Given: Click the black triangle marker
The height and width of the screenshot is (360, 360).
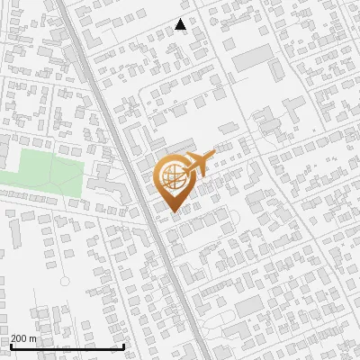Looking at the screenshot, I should [181, 25].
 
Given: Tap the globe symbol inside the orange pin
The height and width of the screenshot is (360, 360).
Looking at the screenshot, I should [172, 177].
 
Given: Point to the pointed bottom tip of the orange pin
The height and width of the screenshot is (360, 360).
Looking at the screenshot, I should [173, 213].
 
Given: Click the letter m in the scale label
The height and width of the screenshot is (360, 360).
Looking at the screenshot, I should [34, 339].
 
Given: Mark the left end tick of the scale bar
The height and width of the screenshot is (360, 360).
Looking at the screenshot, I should [10, 346].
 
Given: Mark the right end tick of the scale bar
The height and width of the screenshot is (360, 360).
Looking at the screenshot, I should [123, 346].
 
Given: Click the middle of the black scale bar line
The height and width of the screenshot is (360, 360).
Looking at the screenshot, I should [67, 347].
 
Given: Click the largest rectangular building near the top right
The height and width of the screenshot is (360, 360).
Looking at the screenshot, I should [253, 57].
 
